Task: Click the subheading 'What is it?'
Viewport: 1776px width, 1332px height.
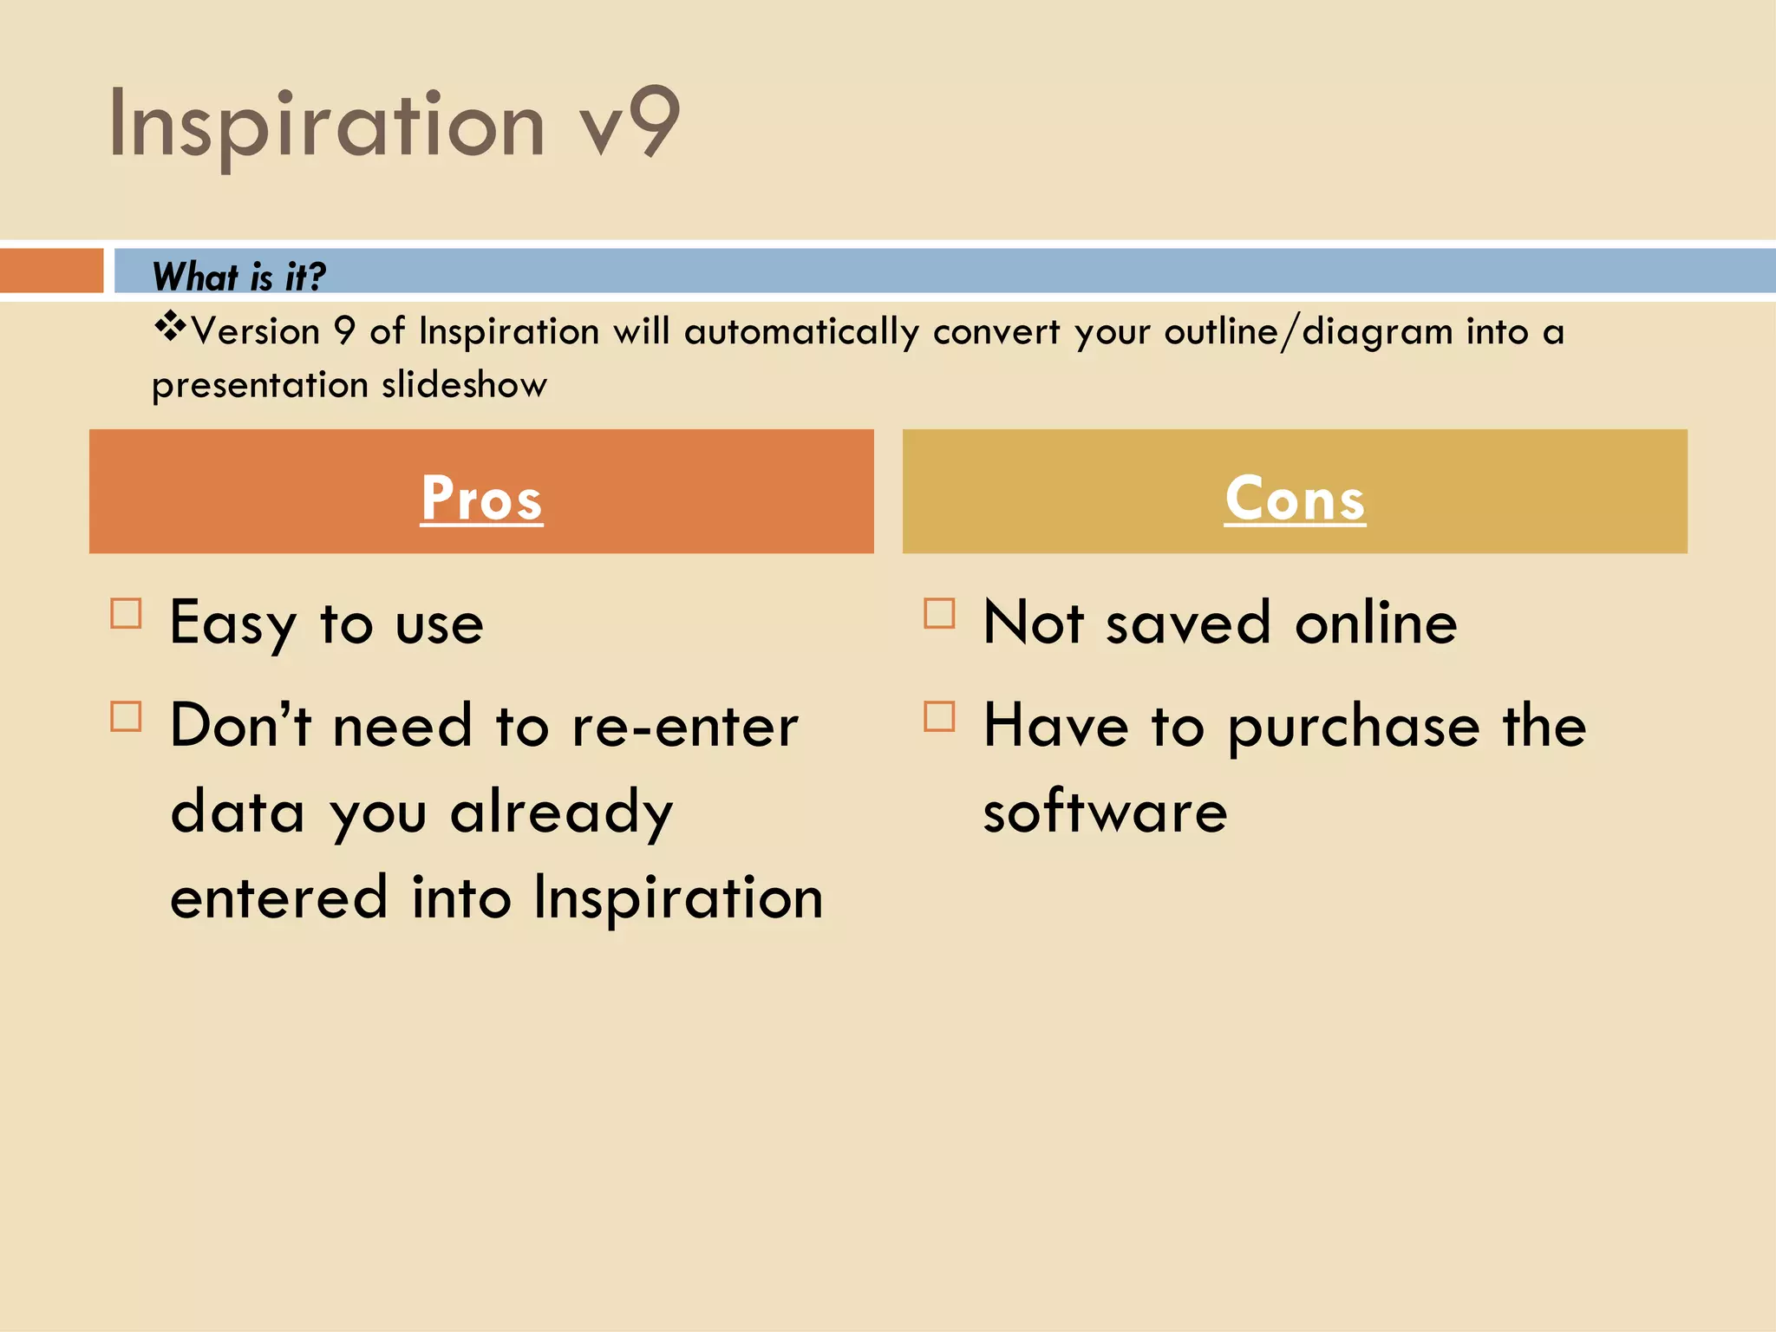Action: click(x=238, y=277)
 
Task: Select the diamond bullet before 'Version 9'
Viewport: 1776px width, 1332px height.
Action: click(x=171, y=327)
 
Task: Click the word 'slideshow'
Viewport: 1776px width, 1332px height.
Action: click(x=464, y=385)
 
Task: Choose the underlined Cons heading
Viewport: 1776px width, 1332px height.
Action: click(x=1295, y=499)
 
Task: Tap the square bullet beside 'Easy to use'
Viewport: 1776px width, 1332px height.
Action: click(x=127, y=614)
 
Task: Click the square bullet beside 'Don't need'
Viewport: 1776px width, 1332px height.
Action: click(x=127, y=717)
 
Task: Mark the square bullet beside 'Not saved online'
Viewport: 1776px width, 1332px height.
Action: click(x=940, y=614)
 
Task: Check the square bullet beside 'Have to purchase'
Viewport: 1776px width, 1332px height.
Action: click(x=940, y=717)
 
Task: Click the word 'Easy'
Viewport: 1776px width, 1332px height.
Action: click(x=233, y=624)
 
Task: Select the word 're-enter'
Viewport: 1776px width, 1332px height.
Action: click(x=685, y=727)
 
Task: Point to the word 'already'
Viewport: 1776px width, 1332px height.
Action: click(x=562, y=813)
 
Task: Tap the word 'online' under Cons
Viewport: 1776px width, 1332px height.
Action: click(x=1375, y=624)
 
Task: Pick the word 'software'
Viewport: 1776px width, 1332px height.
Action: click(x=1106, y=813)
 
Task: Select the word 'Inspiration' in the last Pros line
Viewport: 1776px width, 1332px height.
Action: click(x=678, y=898)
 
